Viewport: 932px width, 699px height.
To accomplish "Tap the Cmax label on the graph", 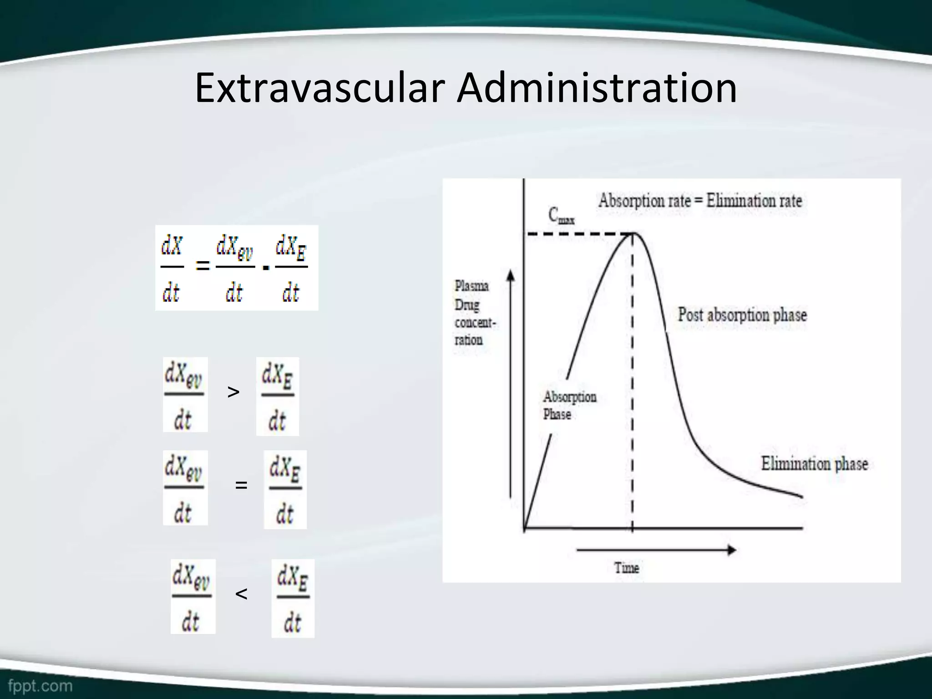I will (x=561, y=215).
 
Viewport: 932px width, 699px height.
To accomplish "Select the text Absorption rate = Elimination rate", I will (x=700, y=201).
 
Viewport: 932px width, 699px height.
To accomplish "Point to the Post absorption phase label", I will (x=742, y=315).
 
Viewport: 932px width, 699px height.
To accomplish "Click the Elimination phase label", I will (x=814, y=464).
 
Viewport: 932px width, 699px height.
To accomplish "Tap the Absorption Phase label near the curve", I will (x=569, y=405).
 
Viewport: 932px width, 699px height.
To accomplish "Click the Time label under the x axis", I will (x=627, y=568).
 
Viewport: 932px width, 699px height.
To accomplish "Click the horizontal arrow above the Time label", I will (x=656, y=550).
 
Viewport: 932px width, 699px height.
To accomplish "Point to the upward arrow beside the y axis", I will (x=511, y=382).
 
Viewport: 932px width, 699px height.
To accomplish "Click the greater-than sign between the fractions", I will (x=233, y=392).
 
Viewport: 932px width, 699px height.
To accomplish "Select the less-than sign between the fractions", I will (x=241, y=593).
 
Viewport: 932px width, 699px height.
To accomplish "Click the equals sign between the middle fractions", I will (x=241, y=485).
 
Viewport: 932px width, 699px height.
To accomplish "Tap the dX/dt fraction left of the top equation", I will (x=172, y=268).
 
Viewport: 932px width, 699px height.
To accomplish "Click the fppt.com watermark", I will (x=40, y=685).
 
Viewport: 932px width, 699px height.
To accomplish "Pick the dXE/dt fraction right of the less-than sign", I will (x=293, y=598).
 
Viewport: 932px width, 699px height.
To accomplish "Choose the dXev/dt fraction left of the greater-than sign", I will (x=185, y=395).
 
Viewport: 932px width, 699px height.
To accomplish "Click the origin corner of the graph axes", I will (x=524, y=528).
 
